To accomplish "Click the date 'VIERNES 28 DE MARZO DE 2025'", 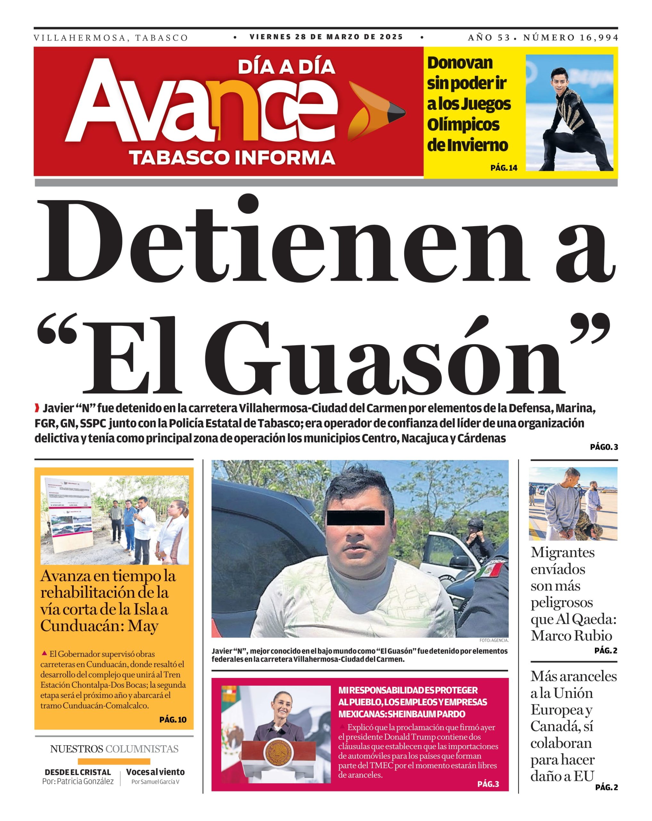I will click(x=326, y=37).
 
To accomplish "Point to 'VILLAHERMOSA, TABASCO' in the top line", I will click(x=111, y=38).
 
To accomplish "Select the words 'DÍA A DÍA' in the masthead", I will click(x=286, y=67).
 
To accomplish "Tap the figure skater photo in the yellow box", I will click(x=569, y=112).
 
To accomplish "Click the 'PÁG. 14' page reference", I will click(x=504, y=167).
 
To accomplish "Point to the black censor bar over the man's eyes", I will click(x=355, y=518).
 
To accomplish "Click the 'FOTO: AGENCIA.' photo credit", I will click(x=494, y=640).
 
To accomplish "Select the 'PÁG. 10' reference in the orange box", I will click(x=173, y=719).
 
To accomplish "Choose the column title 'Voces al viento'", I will click(x=155, y=772).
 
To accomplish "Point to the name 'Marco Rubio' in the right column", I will click(x=571, y=636).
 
